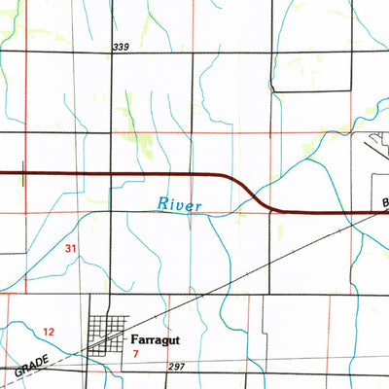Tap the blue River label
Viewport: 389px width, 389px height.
[x=180, y=205]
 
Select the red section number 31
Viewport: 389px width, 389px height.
[x=70, y=249]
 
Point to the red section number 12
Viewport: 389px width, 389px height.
[x=50, y=333]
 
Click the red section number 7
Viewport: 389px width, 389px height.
[x=136, y=356]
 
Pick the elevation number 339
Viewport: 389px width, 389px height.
[x=121, y=48]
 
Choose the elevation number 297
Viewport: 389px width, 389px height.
[x=175, y=367]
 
